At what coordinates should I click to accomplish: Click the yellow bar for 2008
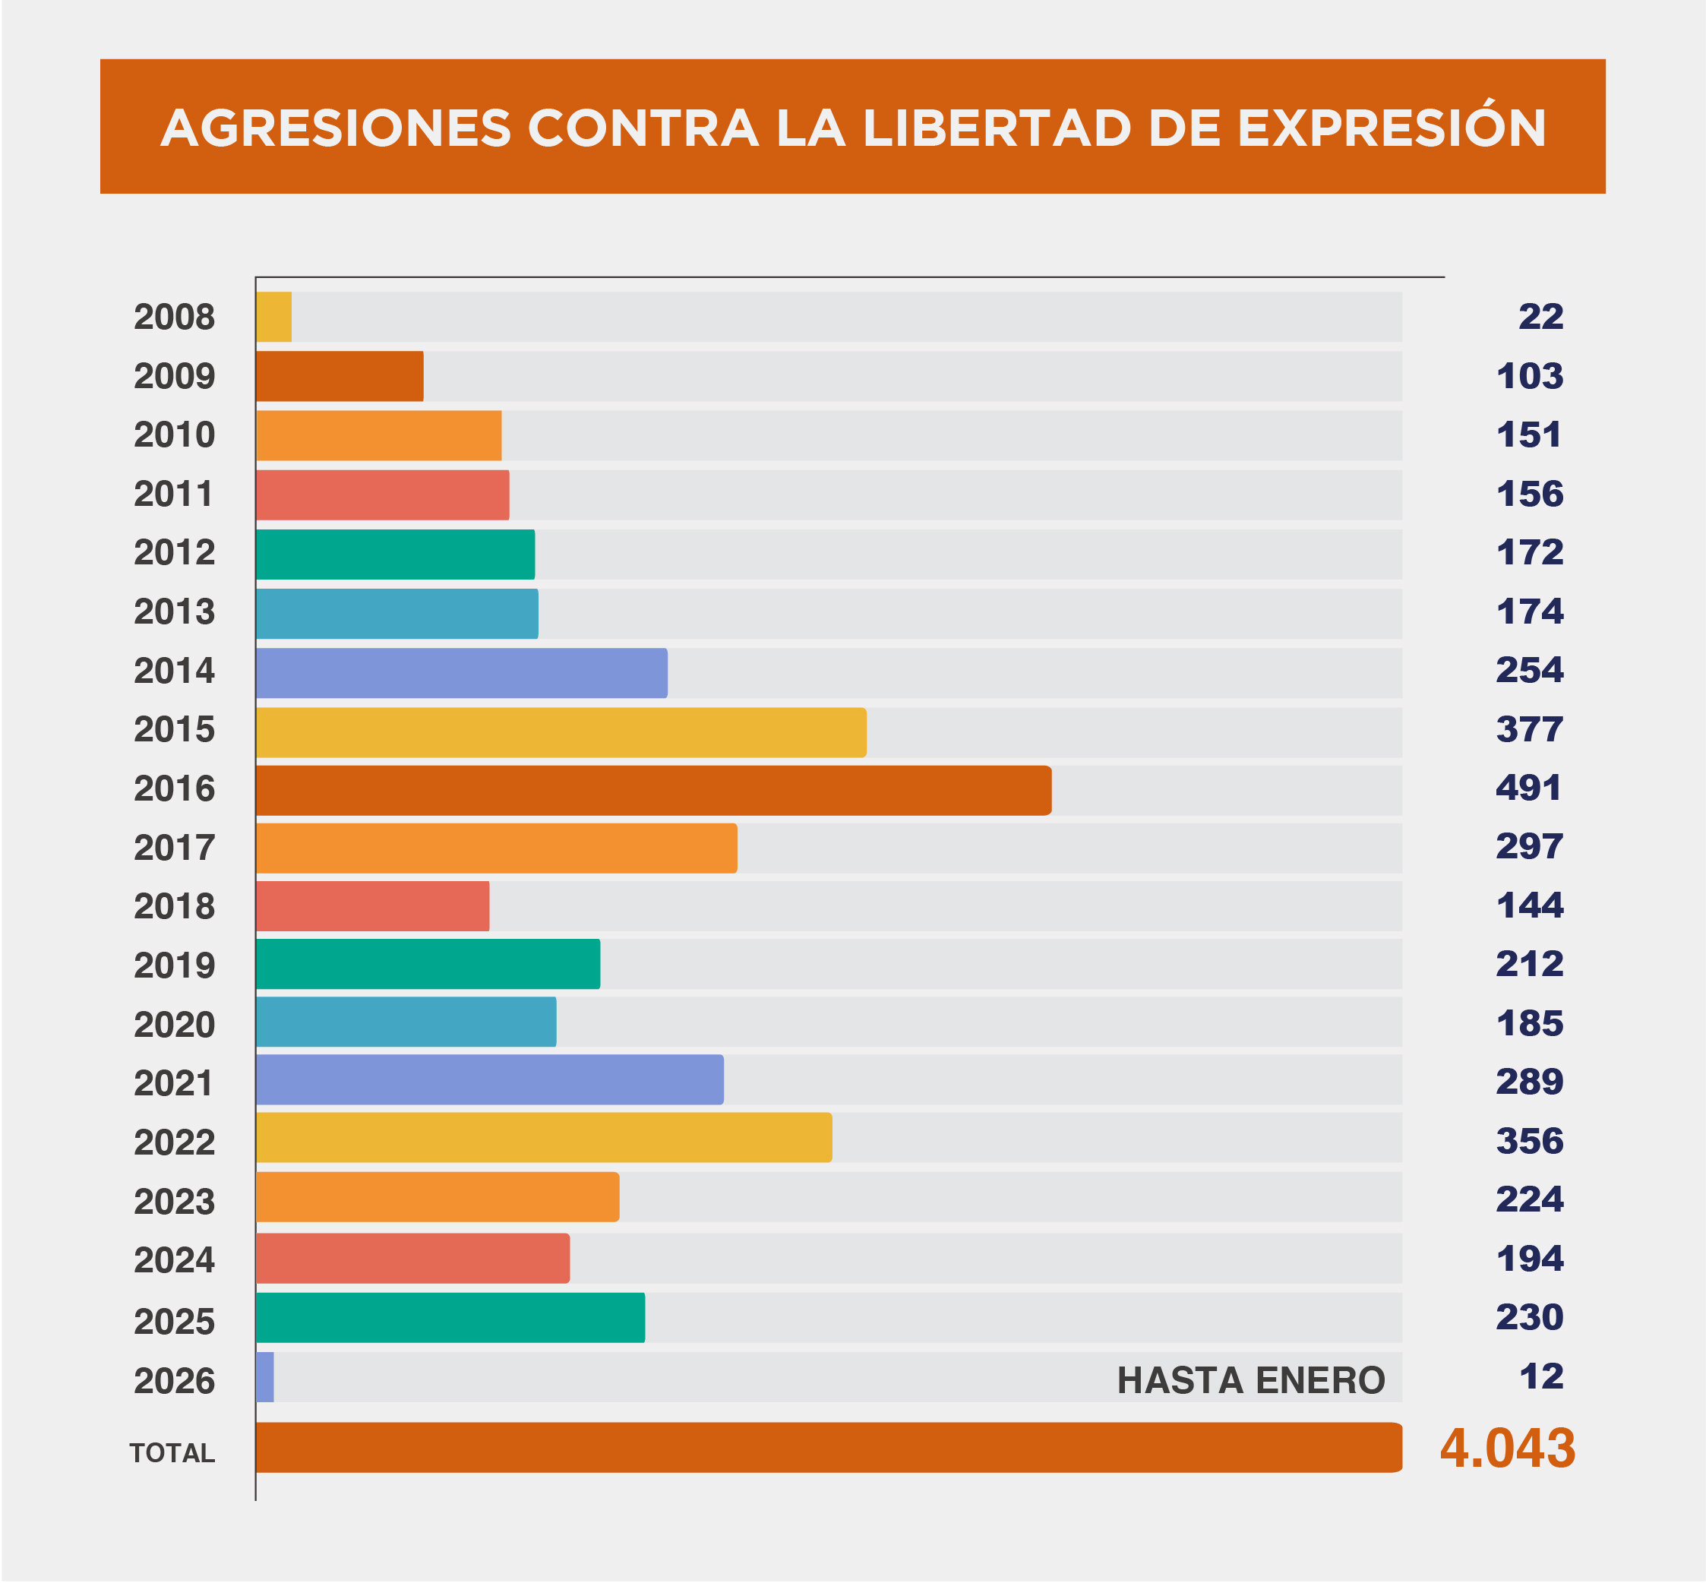click(x=274, y=317)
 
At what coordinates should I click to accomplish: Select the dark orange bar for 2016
click(x=652, y=790)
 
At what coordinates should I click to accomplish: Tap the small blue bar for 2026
click(x=264, y=1377)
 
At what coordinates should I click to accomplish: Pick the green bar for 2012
click(x=395, y=555)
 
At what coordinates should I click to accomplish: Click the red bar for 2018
click(x=372, y=905)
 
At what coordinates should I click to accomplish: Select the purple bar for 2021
click(x=489, y=1079)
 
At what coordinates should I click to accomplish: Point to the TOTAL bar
click(x=827, y=1448)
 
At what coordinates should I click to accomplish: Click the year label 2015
click(x=175, y=730)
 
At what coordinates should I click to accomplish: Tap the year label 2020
click(x=175, y=1025)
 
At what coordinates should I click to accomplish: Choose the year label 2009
click(x=175, y=376)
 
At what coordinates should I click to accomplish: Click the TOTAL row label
click(x=172, y=1453)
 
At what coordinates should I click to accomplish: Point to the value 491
click(x=1529, y=788)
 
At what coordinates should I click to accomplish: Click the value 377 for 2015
click(x=1530, y=730)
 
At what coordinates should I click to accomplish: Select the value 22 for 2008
click(x=1540, y=317)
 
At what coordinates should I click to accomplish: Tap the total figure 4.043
click(x=1507, y=1448)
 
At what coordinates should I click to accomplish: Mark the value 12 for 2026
click(x=1540, y=1376)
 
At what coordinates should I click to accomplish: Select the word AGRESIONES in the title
click(x=336, y=128)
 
